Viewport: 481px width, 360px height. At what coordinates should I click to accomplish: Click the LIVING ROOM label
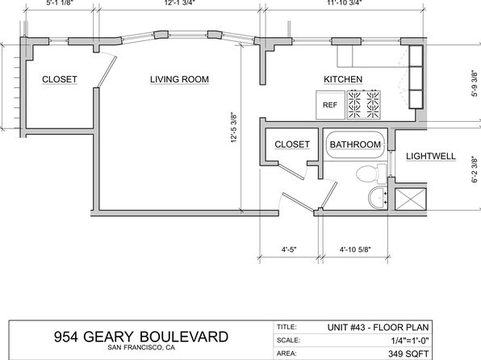[x=179, y=79]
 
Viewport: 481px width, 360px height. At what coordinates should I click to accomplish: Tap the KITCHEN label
[x=343, y=79]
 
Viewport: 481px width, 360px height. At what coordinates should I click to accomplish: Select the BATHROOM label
[x=355, y=144]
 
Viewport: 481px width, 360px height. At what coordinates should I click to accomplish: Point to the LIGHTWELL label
[x=431, y=157]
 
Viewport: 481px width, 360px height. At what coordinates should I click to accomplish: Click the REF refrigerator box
[x=330, y=105]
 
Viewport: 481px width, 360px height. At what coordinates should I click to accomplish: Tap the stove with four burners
[x=364, y=105]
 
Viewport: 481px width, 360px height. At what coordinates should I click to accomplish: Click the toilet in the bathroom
[x=371, y=174]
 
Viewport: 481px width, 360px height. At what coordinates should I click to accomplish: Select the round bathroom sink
[x=378, y=197]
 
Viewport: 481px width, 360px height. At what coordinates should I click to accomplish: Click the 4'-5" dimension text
[x=289, y=249]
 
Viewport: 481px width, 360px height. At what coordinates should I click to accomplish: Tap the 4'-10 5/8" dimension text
[x=355, y=249]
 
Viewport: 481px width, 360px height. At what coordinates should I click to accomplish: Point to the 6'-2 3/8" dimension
[x=475, y=170]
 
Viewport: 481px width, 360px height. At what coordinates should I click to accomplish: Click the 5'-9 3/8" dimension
[x=475, y=83]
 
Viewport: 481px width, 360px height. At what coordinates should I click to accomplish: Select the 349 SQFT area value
[x=408, y=354]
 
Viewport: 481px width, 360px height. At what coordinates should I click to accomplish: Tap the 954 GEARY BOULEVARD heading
[x=141, y=337]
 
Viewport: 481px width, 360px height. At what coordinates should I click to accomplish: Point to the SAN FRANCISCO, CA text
[x=141, y=348]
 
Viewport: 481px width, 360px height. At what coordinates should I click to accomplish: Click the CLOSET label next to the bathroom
[x=292, y=144]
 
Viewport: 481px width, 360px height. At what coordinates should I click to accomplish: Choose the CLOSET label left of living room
[x=60, y=79]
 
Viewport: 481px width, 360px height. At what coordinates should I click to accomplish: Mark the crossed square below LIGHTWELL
[x=411, y=199]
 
